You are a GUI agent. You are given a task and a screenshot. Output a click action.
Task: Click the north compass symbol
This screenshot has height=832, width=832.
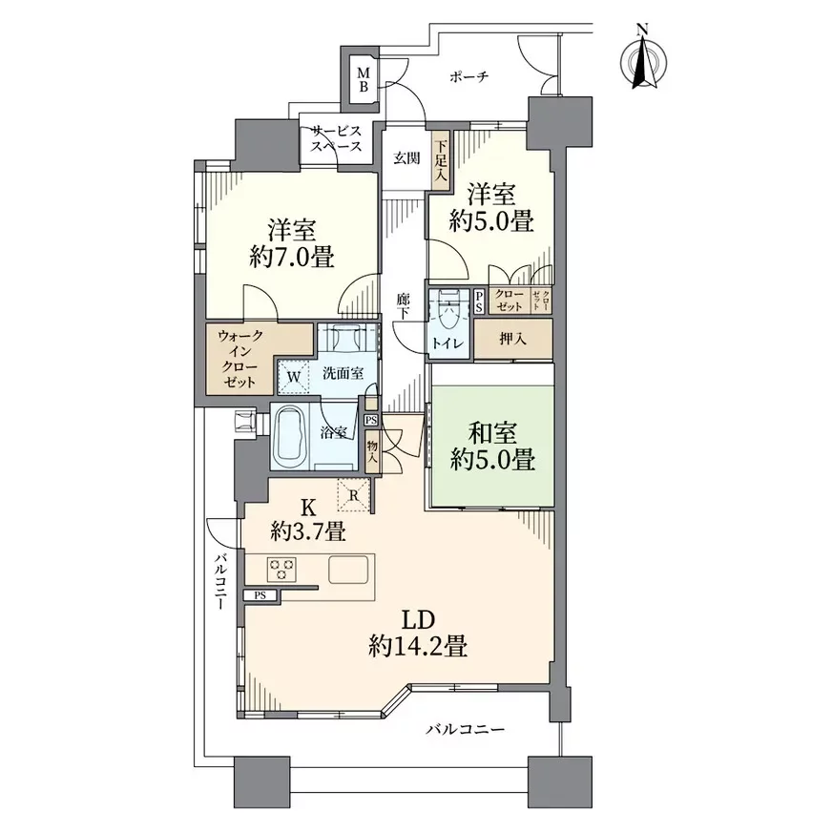click(644, 61)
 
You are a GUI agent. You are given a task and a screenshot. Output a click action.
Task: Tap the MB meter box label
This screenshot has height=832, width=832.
click(363, 78)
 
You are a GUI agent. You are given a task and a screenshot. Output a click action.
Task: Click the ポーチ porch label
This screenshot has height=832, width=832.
click(468, 77)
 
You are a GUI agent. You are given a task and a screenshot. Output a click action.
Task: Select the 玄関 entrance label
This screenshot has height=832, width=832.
click(406, 158)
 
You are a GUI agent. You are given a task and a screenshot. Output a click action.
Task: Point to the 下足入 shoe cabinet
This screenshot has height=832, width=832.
click(441, 159)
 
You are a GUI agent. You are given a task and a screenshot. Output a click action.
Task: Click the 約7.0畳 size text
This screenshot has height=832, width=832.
click(292, 258)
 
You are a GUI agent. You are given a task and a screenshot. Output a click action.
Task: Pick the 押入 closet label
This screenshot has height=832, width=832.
click(512, 339)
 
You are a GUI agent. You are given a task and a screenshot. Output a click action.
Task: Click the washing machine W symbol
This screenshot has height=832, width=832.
click(294, 376)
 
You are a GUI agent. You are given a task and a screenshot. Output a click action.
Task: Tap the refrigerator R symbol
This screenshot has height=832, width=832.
click(354, 495)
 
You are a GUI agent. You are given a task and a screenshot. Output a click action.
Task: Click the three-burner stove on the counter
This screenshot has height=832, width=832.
click(281, 570)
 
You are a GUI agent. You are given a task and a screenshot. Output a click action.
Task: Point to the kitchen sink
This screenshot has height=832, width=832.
click(348, 570)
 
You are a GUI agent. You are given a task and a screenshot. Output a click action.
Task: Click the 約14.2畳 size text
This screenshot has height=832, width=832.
click(418, 646)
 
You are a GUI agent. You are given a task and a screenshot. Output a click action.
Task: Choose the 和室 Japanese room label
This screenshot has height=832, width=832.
click(492, 433)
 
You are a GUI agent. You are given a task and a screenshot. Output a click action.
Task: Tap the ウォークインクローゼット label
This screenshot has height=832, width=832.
click(239, 358)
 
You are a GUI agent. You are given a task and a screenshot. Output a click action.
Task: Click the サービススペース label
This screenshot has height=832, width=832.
click(337, 139)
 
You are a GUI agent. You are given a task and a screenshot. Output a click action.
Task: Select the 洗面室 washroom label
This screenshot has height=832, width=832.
click(343, 373)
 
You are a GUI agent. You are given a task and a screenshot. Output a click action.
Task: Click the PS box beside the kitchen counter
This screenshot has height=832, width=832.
click(260, 595)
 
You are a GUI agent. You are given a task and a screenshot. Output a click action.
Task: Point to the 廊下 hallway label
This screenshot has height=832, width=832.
click(404, 306)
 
